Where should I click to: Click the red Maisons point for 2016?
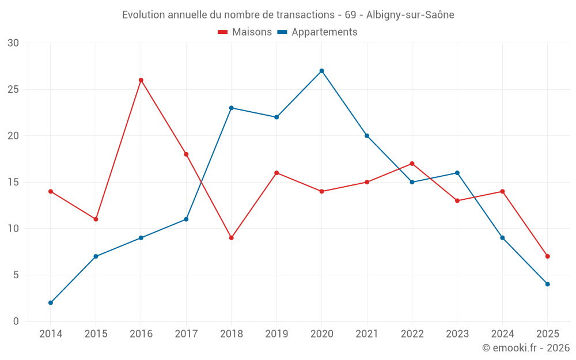pos(141,80)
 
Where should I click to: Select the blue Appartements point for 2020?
pos(321,71)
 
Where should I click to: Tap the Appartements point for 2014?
pos(51,302)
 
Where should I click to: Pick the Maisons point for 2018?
pos(232,238)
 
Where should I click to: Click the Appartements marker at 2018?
pos(232,108)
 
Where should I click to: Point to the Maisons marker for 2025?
pos(547,256)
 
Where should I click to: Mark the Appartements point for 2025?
pos(547,284)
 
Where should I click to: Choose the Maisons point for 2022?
pos(412,164)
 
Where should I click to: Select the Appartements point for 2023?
pos(457,173)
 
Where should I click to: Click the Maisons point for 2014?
pos(51,191)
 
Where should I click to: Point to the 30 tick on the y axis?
pos(13,43)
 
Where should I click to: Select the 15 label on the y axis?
pos(13,182)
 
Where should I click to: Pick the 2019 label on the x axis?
pos(276,334)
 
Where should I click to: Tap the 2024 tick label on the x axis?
pos(502,334)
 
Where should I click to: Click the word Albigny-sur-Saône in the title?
pos(410,15)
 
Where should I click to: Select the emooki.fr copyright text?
pos(525,348)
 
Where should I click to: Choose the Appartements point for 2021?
pos(367,136)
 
